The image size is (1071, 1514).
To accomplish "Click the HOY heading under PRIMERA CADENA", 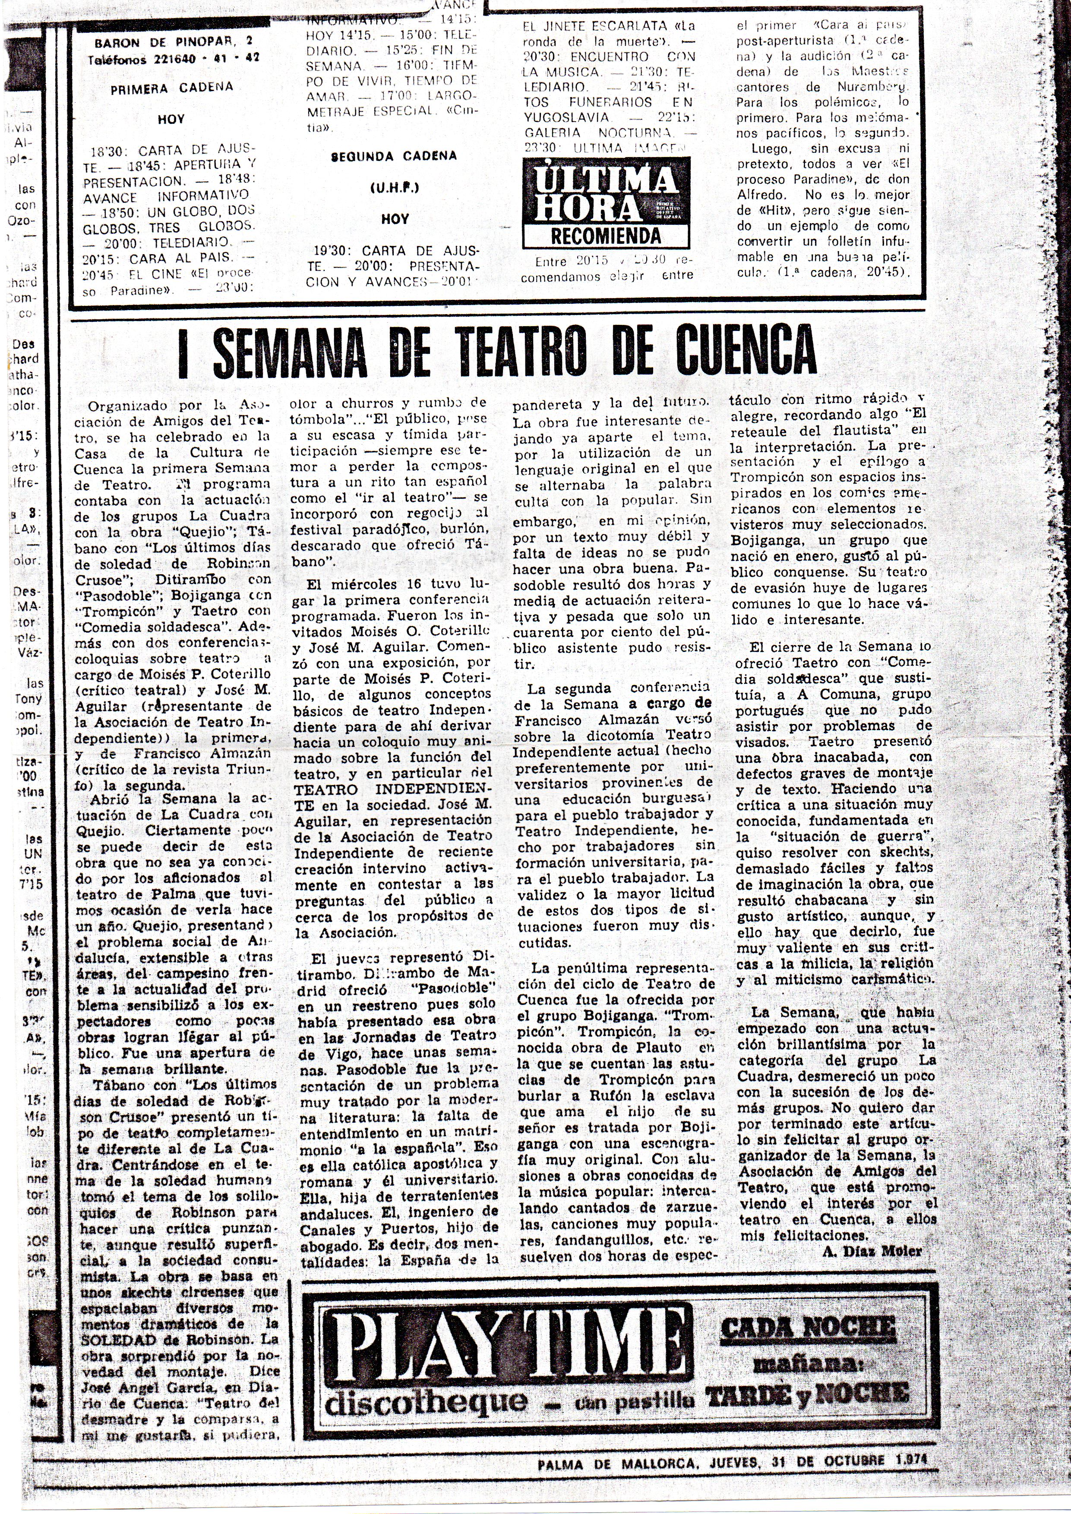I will pyautogui.click(x=171, y=120).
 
